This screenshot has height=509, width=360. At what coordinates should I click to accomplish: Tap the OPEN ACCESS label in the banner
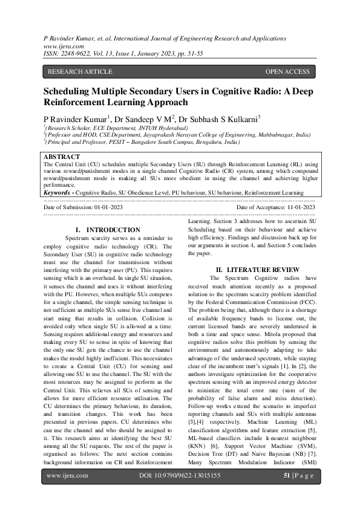click(x=287, y=72)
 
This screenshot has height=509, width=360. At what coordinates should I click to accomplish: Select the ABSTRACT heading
click(x=62, y=156)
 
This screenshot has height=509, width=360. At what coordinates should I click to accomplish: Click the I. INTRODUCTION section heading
click(x=108, y=230)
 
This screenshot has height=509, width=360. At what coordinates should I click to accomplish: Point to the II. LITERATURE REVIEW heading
click(x=258, y=268)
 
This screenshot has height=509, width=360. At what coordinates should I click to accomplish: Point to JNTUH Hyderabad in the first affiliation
click(x=163, y=129)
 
